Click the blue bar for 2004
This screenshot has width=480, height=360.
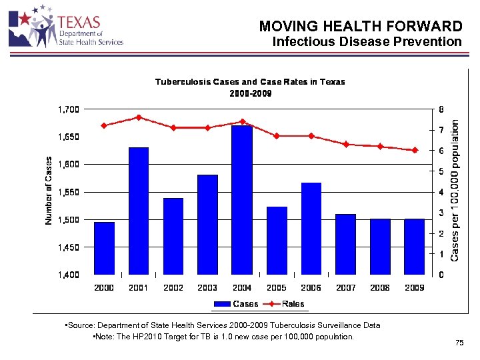242,200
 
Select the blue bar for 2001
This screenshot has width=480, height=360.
139,211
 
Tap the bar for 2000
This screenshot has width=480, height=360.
104,248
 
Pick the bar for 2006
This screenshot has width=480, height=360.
311,228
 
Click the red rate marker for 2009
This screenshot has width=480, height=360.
415,150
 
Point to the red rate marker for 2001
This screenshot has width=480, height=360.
139,117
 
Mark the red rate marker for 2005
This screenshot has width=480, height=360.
277,135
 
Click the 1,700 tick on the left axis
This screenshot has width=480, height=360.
67,109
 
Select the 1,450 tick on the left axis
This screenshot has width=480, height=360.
67,247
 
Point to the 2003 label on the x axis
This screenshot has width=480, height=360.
207,288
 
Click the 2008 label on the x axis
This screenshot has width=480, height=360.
380,288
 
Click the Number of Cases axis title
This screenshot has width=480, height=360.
49,191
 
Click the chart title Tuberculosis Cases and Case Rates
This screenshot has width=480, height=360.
250,82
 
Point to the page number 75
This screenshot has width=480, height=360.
459,343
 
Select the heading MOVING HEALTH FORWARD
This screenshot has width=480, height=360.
360,27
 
